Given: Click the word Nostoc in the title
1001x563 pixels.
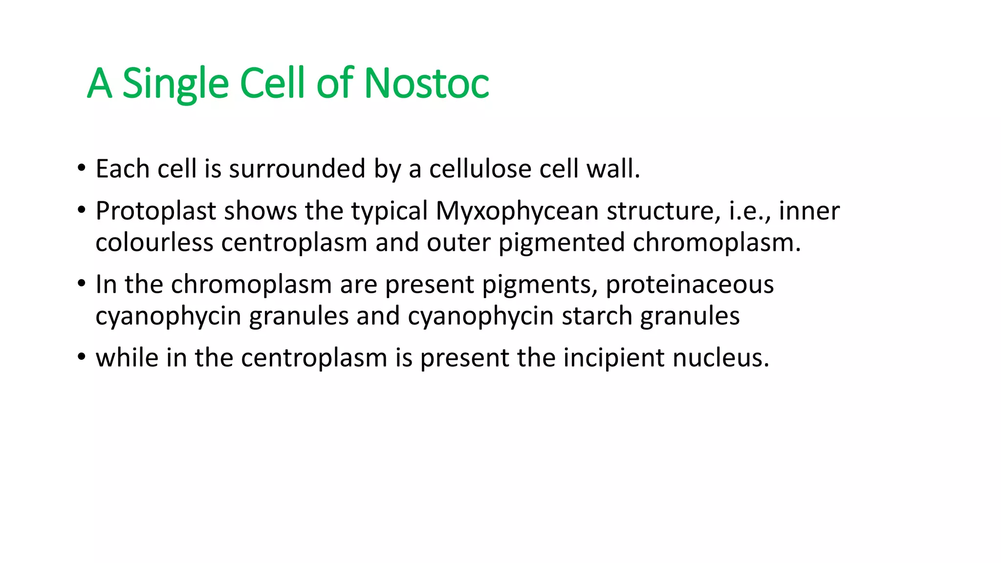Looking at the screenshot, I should coord(426,83).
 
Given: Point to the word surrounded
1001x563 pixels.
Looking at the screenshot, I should coord(297,169).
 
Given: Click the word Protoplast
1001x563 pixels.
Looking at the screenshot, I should coord(155,212).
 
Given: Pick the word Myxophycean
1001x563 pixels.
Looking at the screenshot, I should coord(517,212).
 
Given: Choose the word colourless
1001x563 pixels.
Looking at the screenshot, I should coord(154,242).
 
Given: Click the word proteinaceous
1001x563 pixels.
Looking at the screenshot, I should coord(690,284).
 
